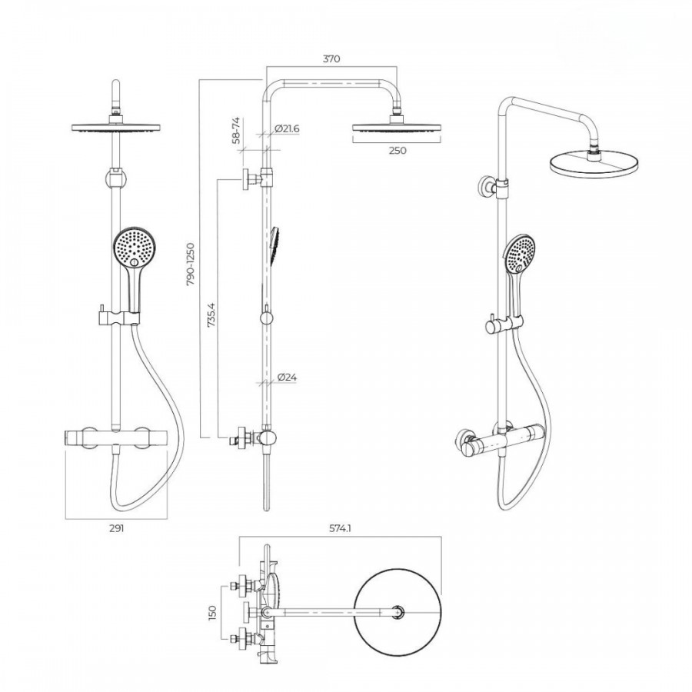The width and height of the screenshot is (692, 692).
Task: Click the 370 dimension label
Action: [331, 58]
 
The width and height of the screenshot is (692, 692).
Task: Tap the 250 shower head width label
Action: [398, 151]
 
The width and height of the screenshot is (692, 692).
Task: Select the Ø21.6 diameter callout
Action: [287, 129]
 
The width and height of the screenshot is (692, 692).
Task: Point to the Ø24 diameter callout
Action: [288, 378]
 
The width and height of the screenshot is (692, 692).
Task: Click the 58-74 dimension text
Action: [236, 130]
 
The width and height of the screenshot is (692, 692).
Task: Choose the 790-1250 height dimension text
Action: [190, 264]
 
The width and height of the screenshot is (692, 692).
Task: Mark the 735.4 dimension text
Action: [211, 314]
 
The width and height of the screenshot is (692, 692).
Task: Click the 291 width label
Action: [117, 528]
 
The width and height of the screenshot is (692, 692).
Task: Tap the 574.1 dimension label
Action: [340, 528]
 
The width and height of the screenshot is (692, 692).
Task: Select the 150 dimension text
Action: [212, 612]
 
